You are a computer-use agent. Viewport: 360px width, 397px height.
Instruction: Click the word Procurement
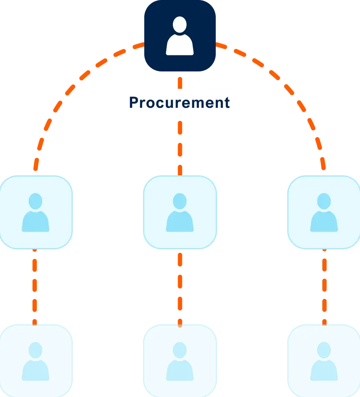point(179,103)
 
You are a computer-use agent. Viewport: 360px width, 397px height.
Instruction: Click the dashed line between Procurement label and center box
point(179,145)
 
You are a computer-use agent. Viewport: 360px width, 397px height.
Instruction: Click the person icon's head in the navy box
point(179,24)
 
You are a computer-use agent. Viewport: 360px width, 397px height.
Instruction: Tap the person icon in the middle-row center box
point(179,213)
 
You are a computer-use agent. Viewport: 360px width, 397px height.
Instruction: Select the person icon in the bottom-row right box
point(324,361)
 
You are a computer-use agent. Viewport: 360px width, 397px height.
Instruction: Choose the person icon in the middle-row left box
point(35,213)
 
